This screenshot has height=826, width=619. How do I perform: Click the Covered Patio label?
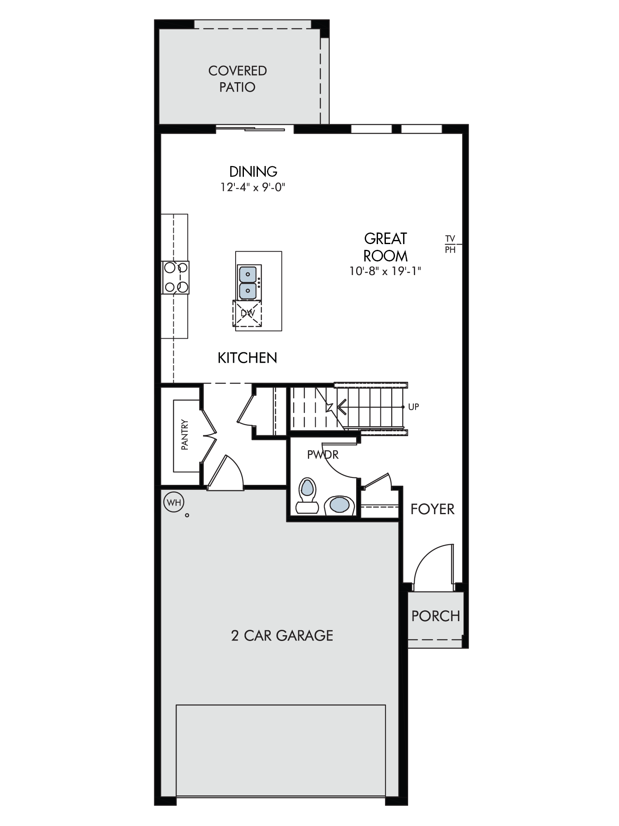[237, 79]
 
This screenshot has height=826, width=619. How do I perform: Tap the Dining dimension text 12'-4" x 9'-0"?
[253, 188]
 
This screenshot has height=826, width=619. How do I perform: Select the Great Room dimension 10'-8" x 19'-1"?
[385, 271]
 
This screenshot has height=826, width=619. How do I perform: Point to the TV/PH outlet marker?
[450, 244]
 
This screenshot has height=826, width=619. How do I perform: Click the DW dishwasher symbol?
[248, 313]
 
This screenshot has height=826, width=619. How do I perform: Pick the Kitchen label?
[247, 358]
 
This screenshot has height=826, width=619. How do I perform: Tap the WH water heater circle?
[174, 502]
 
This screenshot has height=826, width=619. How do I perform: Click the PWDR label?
[323, 455]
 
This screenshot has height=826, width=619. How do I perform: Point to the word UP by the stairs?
[413, 407]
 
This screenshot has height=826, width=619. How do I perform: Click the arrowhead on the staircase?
[341, 407]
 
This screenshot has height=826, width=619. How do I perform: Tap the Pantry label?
[184, 435]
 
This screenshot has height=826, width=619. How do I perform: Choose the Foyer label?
[432, 509]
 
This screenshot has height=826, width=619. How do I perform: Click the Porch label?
[436, 616]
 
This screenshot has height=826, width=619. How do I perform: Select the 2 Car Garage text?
[282, 636]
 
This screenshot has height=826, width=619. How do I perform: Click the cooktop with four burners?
[176, 278]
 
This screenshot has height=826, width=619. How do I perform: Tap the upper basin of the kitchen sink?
[248, 274]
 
